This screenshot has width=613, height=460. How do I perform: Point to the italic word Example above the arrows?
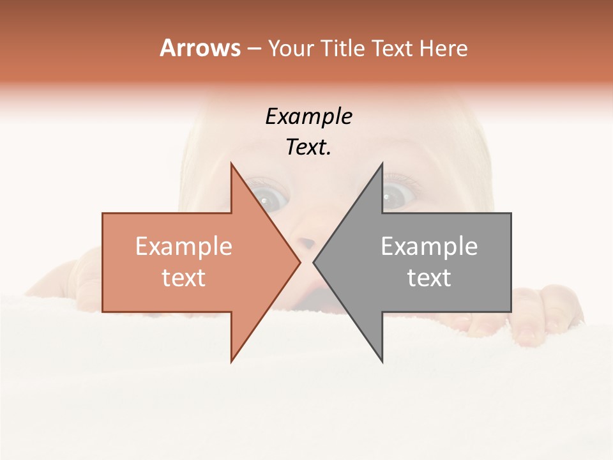click(x=308, y=117)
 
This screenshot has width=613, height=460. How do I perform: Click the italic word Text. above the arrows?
click(x=308, y=148)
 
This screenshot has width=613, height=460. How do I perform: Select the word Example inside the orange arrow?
click(x=183, y=247)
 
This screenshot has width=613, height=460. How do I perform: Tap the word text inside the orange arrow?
click(x=183, y=278)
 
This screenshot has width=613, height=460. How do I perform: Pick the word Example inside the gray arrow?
click(x=429, y=247)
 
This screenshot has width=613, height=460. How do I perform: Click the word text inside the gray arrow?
click(x=429, y=278)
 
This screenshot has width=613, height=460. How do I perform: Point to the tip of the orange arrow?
click(x=299, y=262)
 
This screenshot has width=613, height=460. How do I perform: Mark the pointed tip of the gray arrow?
click(x=314, y=262)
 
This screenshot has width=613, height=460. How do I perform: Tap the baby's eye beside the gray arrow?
click(x=396, y=195)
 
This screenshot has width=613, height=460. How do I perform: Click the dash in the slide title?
click(x=254, y=49)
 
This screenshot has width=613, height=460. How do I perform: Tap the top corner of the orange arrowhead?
click(x=231, y=164)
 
